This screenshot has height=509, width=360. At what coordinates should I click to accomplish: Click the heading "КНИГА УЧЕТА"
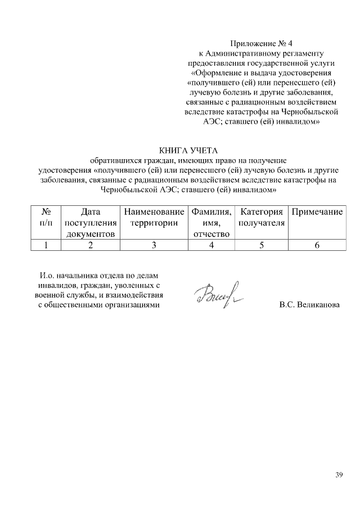[x=187, y=150]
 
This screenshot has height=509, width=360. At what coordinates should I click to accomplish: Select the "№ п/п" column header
[x=47, y=218]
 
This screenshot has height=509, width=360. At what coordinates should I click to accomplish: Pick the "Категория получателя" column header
[x=261, y=218]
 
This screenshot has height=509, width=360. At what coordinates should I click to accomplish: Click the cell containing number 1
[x=47, y=245]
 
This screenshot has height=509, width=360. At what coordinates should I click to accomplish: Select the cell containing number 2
[x=91, y=245]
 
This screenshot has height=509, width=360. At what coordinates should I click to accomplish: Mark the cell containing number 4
[x=211, y=245]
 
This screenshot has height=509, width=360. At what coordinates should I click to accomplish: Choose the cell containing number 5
[x=261, y=245]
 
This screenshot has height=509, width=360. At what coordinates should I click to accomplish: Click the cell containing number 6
[x=317, y=245]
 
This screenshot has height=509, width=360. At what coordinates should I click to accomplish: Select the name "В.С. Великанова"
[x=309, y=305]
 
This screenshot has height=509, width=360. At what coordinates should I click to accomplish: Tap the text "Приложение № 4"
[x=262, y=43]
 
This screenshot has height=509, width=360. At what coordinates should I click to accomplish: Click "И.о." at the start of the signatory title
[x=47, y=276]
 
